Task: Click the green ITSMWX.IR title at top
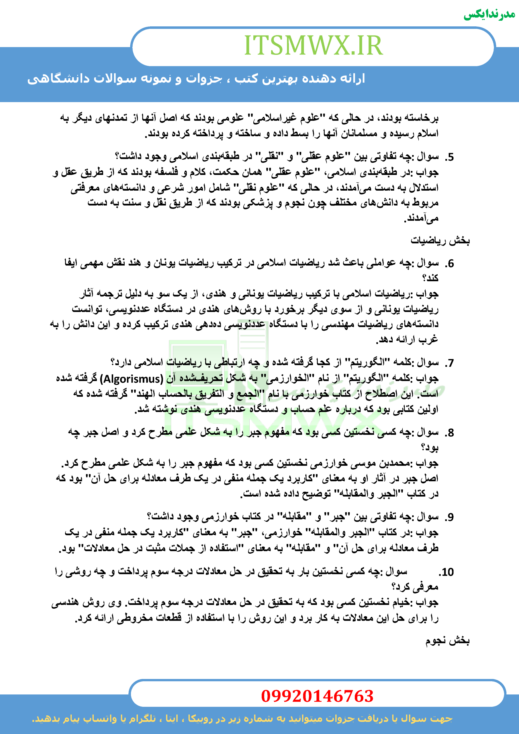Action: pyautogui.click(x=313, y=45)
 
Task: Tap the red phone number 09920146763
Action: pyautogui.click(x=317, y=696)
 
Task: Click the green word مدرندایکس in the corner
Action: pyautogui.click(x=489, y=15)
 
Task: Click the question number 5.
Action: pyautogui.click(x=449, y=157)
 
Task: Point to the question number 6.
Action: pyautogui.click(x=449, y=263)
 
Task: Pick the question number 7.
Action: pyautogui.click(x=449, y=363)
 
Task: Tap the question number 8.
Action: pyautogui.click(x=449, y=433)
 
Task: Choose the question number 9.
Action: pyautogui.click(x=449, y=517)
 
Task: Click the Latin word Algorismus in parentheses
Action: pyautogui.click(x=132, y=379)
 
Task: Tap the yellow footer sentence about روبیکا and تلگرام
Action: pyautogui.click(x=242, y=718)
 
